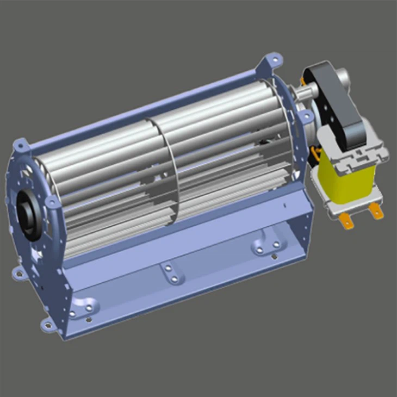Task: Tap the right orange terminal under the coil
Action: coord(375,211)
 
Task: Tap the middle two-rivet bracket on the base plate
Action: coord(171,274)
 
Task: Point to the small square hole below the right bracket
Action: coord(284,205)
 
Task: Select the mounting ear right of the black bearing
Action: coord(52,202)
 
